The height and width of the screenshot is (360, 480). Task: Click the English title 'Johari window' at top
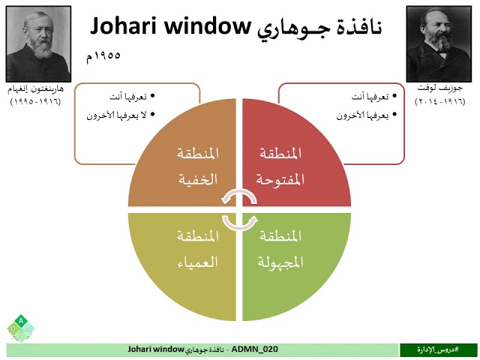click(169, 27)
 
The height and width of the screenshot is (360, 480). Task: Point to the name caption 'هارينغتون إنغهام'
click(37, 88)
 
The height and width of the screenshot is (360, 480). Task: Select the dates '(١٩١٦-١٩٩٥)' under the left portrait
click(37, 100)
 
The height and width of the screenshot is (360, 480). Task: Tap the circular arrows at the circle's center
click(239, 208)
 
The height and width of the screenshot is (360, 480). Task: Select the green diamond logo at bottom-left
click(21, 328)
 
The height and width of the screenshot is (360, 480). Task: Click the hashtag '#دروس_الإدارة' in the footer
click(439, 349)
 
